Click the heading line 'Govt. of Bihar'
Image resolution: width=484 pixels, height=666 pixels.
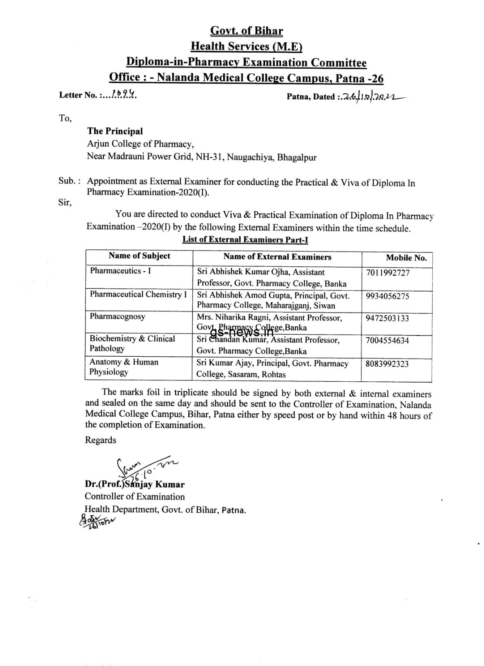click(x=246, y=31)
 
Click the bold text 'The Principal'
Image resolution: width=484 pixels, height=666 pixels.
click(x=115, y=131)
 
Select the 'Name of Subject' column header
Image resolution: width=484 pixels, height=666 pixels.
click(x=139, y=256)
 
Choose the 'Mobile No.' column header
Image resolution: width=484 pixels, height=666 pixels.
click(x=406, y=258)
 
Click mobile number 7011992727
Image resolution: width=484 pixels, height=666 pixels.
click(x=387, y=273)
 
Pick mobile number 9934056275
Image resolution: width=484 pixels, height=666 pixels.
click(x=387, y=296)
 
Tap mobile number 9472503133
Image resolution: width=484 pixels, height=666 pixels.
click(x=387, y=318)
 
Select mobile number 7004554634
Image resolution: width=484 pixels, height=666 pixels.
click(x=387, y=340)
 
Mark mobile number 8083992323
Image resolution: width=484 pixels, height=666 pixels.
click(x=387, y=364)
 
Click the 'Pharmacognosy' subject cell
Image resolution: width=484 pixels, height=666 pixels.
click(x=117, y=316)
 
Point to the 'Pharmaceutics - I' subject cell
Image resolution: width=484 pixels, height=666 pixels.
click(x=120, y=271)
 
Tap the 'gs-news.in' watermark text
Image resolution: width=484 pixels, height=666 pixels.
click(x=242, y=332)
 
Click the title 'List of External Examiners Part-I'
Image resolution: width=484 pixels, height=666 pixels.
click(x=245, y=239)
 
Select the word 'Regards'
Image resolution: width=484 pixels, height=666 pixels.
click(x=100, y=440)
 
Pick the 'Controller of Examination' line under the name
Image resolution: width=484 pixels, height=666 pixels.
click(x=135, y=497)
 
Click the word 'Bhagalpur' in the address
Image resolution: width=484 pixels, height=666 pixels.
click(x=297, y=157)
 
